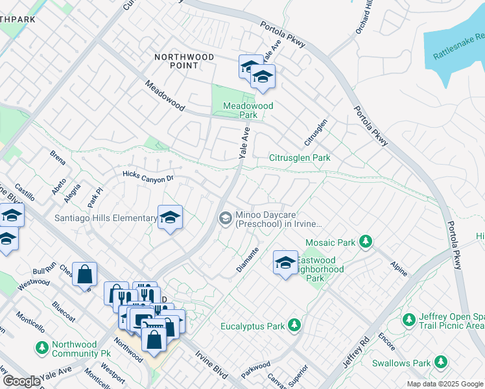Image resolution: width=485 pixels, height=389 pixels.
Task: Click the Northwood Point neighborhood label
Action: pyautogui.click(x=185, y=61)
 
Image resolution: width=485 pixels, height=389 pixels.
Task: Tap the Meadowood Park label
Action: pyautogui.click(x=248, y=110)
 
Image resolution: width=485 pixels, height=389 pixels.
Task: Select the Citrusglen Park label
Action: pyautogui.click(x=300, y=158)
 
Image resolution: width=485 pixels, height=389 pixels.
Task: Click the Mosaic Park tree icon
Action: pyautogui.click(x=366, y=242)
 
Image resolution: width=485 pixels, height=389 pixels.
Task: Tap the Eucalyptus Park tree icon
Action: pyautogui.click(x=294, y=324)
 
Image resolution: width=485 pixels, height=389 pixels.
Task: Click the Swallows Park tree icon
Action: pyautogui.click(x=441, y=361)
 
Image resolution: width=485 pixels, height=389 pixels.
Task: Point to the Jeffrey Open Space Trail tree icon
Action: pyautogui.click(x=408, y=320)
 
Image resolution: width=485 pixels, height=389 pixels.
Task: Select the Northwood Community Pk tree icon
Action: pyautogui.click(x=42, y=348)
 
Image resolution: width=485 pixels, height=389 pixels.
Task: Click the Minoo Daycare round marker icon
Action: pyautogui.click(x=225, y=218)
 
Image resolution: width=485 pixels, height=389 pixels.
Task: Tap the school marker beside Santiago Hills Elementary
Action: pyautogui.click(x=170, y=218)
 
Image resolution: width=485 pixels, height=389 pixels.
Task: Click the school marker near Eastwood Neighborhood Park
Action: pyautogui.click(x=285, y=263)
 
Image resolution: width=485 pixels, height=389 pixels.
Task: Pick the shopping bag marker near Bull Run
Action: pyautogui.click(x=85, y=274)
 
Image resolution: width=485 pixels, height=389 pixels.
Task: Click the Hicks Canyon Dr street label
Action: pyautogui.click(x=148, y=176)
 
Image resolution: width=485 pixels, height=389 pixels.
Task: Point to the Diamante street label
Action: pyautogui.click(x=247, y=259)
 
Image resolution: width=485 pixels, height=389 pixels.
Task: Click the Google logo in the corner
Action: pyautogui.click(x=21, y=381)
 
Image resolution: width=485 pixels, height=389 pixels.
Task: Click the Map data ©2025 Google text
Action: pyautogui.click(x=444, y=384)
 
